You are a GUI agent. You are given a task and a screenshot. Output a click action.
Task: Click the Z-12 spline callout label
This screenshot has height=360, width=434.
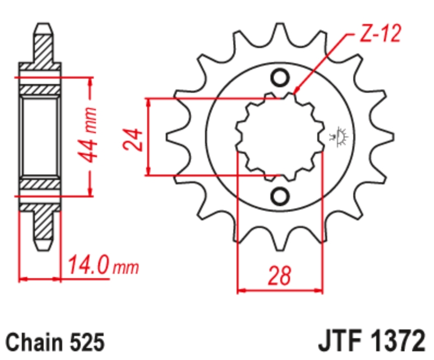(380, 34)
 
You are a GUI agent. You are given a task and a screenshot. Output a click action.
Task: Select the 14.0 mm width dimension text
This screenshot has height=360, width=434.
(103, 266)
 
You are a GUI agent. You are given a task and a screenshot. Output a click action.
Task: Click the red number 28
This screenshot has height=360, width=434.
(280, 275)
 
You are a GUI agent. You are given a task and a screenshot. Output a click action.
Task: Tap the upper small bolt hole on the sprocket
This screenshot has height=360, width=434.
(280, 78)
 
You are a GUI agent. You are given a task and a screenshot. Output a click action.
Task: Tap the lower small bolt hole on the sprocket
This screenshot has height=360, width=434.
(280, 196)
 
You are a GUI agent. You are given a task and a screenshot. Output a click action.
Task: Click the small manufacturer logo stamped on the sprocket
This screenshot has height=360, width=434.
(339, 136)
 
